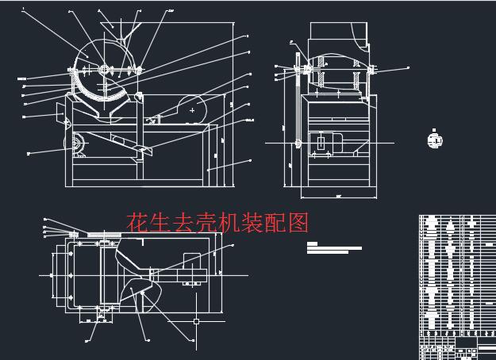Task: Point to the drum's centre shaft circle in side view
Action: point(105,70)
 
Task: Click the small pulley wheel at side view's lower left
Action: point(78,144)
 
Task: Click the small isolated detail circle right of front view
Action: point(433,140)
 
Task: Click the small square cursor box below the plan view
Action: point(196,321)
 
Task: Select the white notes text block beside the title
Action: point(333,248)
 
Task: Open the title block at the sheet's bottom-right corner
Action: point(456,349)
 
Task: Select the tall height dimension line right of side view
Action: point(236,103)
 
